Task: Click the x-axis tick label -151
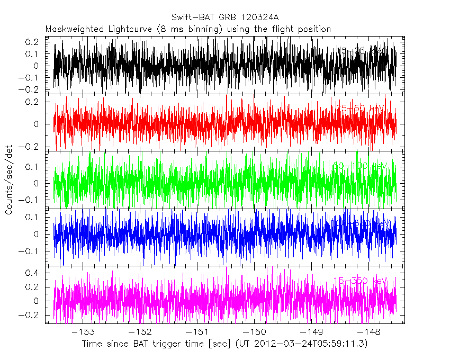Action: pyautogui.click(x=197, y=332)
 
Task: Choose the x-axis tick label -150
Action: pyautogui.click(x=254, y=332)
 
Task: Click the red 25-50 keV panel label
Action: pyautogui.click(x=360, y=109)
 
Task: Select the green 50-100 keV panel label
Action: pyautogui.click(x=360, y=166)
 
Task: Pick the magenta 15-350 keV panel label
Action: pyautogui.click(x=360, y=281)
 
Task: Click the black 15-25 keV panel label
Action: pyautogui.click(x=360, y=51)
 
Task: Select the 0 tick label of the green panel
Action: pyautogui.click(x=40, y=184)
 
